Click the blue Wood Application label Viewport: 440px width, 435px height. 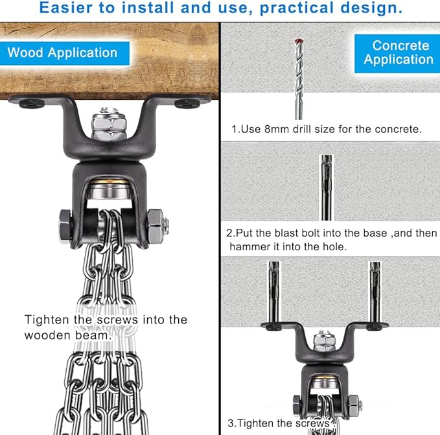tap(65, 53)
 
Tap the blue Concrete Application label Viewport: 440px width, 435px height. tap(397, 54)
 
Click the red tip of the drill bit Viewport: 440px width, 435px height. tap(298, 41)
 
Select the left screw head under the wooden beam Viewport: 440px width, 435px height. tap(32, 104)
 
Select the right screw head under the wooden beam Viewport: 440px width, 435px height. tap(187, 104)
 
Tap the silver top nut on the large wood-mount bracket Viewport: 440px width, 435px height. tap(109, 123)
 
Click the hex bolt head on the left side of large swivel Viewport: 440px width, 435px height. tap(65, 226)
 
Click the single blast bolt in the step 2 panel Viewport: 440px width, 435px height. tap(327, 187)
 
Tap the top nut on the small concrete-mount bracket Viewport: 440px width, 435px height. tap(324, 341)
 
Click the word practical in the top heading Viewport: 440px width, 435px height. tap(297, 8)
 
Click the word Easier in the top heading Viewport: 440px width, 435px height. tap(65, 8)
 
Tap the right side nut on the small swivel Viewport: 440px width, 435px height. tap(354, 406)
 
